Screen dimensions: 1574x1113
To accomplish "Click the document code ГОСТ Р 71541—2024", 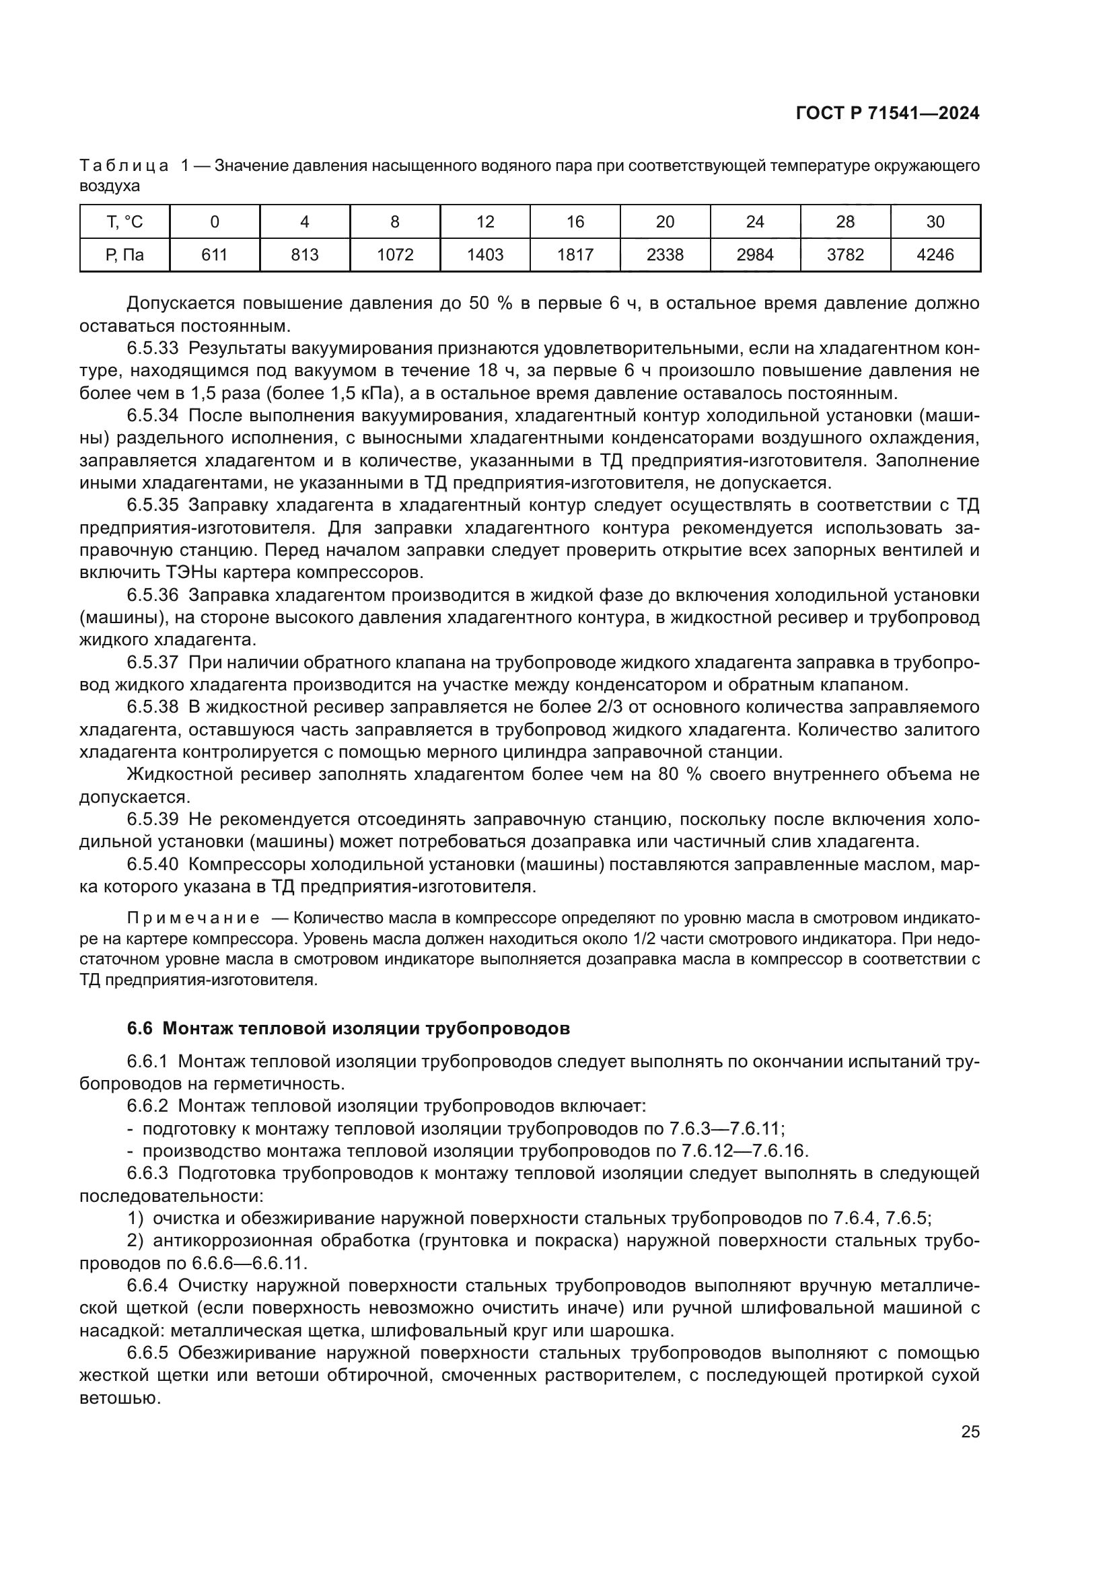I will (x=887, y=113).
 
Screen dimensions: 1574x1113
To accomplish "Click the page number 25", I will (x=970, y=1432).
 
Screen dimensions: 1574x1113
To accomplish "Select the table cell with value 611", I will (x=215, y=255).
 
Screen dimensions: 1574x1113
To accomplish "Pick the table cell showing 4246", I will (x=935, y=255).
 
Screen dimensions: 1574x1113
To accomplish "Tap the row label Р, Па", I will (x=124, y=255).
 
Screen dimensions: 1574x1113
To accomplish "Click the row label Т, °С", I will (x=124, y=221).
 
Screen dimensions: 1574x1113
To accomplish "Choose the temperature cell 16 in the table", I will (x=575, y=221).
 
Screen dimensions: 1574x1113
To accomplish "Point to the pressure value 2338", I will (x=665, y=255).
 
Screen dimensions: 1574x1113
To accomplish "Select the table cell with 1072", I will (x=395, y=255).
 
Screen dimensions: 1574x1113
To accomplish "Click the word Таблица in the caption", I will (x=124, y=166).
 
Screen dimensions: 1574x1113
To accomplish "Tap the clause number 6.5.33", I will (x=152, y=349).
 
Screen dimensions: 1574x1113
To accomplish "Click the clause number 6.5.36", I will (x=152, y=595).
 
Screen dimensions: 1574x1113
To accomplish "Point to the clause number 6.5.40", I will (x=152, y=865).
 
